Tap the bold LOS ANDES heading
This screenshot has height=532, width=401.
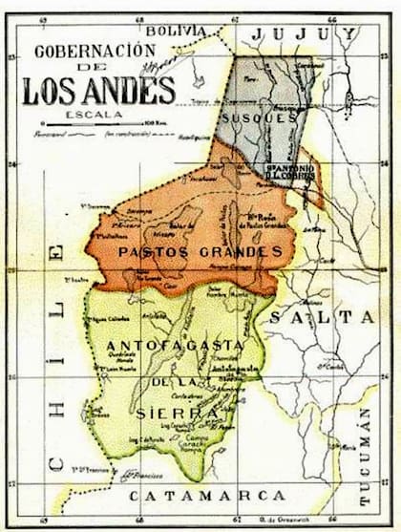[x=98, y=91]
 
